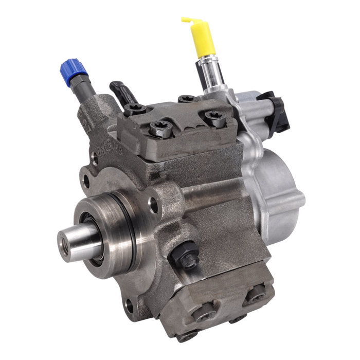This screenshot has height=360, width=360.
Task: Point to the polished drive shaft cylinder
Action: click(x=82, y=240)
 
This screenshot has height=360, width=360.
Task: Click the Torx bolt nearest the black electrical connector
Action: click(x=214, y=119)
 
